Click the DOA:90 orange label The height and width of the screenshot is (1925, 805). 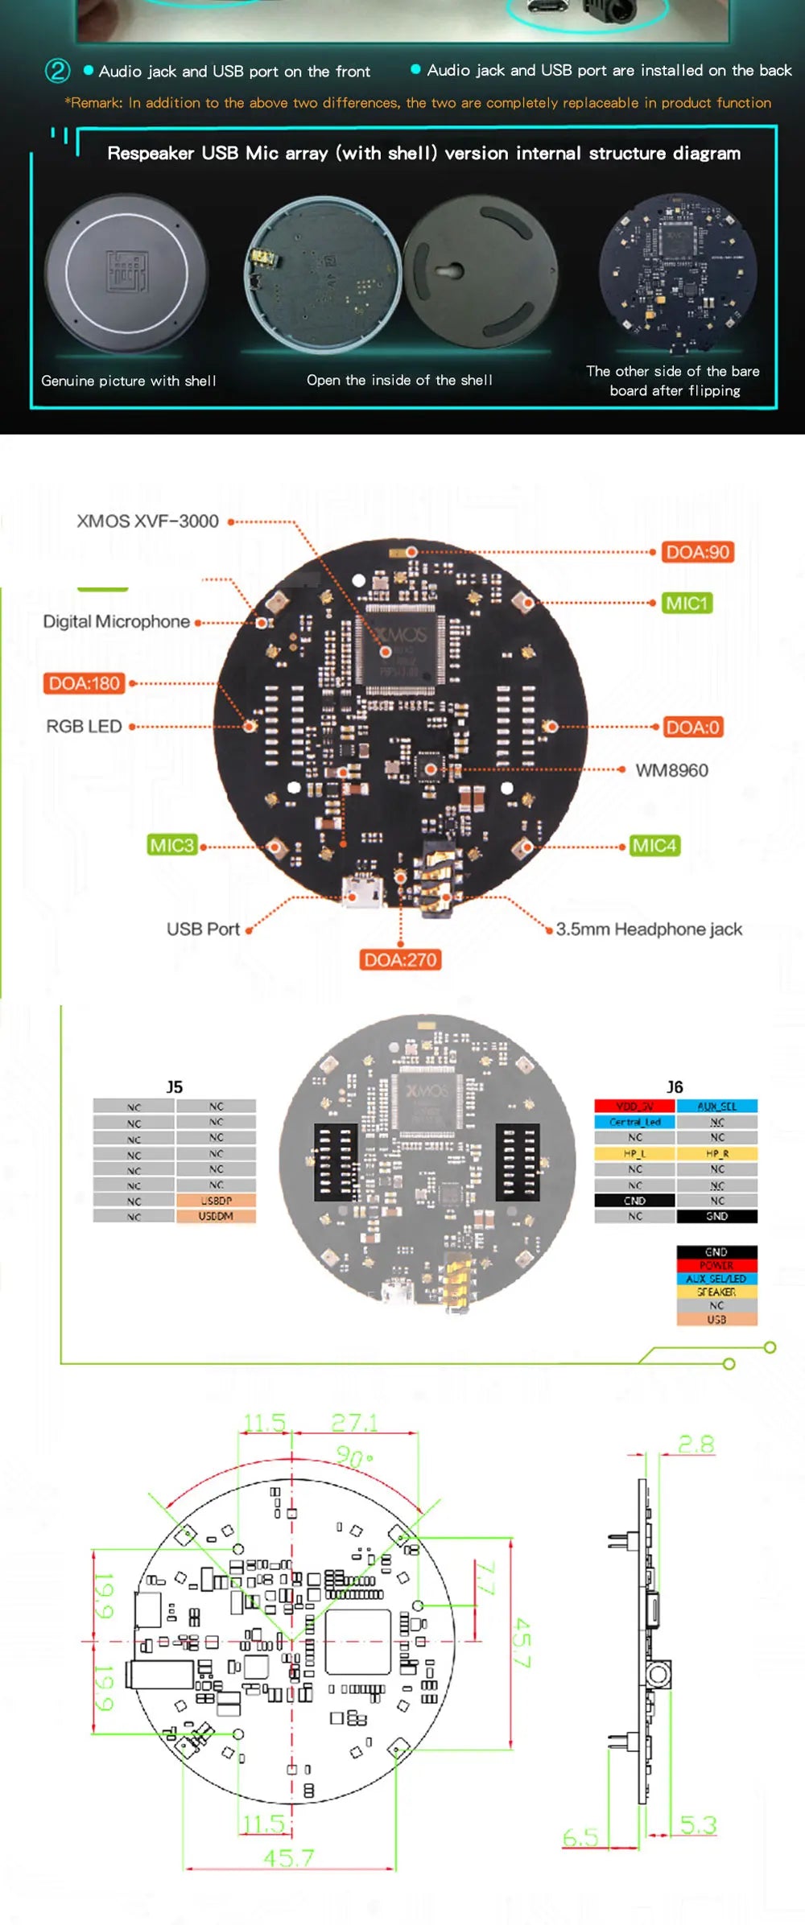click(697, 552)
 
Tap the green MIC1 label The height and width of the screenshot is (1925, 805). click(687, 604)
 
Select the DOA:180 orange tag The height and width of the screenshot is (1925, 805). click(84, 683)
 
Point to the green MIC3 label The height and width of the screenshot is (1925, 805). click(171, 845)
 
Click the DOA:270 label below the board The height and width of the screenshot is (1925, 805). click(400, 959)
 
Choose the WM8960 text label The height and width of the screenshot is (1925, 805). click(671, 770)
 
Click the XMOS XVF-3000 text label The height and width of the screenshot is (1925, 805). click(147, 521)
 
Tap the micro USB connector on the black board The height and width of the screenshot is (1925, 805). click(361, 893)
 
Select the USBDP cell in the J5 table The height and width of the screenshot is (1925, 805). click(216, 1200)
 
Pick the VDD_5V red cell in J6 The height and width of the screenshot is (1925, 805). click(634, 1107)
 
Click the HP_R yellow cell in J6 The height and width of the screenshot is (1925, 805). click(716, 1153)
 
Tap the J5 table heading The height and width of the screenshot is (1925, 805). click(174, 1086)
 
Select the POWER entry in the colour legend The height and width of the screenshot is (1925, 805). click(716, 1265)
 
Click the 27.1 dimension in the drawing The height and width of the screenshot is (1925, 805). click(353, 1423)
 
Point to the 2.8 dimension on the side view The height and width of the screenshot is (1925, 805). click(696, 1444)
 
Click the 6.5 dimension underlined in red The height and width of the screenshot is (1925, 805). click(580, 1837)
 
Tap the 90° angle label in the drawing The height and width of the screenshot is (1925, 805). click(354, 1457)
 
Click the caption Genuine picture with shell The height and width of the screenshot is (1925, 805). click(129, 381)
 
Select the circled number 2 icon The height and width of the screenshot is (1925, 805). click(57, 71)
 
